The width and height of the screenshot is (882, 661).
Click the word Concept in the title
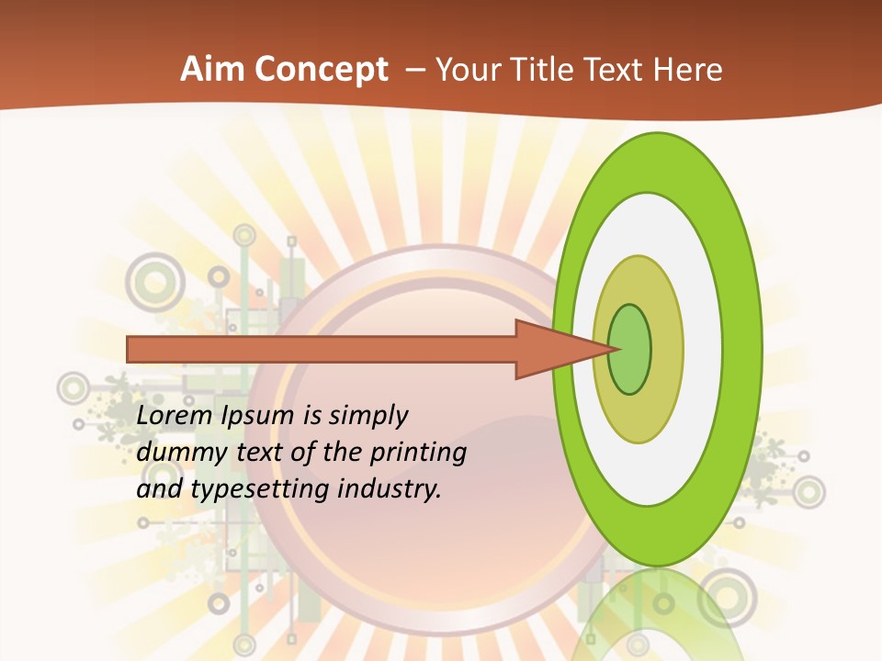point(321,70)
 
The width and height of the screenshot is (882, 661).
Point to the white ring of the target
point(703,349)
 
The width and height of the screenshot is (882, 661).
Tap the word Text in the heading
point(618,70)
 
